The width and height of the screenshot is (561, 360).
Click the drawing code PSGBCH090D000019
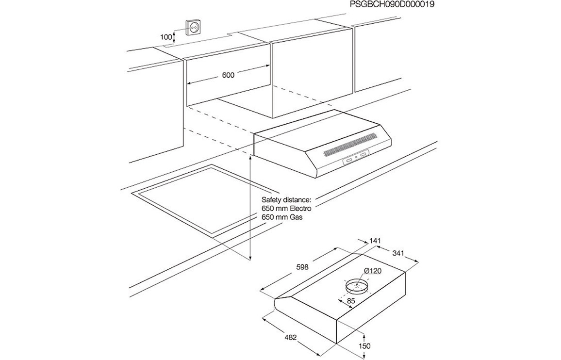click(392, 5)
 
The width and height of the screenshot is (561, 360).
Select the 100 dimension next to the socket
click(166, 36)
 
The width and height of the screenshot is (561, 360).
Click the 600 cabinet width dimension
click(228, 75)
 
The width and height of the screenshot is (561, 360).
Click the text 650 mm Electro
click(286, 209)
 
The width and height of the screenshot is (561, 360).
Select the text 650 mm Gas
click(282, 218)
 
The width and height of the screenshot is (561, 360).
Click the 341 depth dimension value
click(398, 253)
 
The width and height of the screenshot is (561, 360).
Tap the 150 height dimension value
click(364, 346)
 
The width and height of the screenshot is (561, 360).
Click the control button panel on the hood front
click(356, 157)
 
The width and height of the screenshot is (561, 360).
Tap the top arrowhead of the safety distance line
click(250, 158)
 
